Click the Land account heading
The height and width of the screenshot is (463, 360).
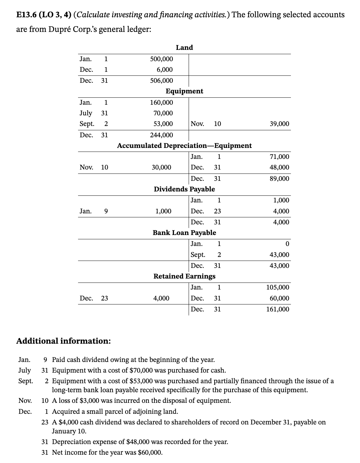[x=184, y=48]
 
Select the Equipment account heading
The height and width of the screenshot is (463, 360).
[x=184, y=91]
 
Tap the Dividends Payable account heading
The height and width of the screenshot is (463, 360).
[x=184, y=189]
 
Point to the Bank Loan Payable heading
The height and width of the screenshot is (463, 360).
[x=184, y=233]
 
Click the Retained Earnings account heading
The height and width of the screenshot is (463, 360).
[x=184, y=276]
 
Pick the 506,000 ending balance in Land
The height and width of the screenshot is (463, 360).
[x=161, y=80]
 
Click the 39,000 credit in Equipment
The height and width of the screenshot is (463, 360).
[x=279, y=124]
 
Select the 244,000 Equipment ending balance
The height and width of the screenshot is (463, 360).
[x=161, y=135]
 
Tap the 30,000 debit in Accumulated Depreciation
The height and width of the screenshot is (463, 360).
[x=161, y=168]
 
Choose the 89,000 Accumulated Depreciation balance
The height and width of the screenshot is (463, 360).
[x=279, y=178]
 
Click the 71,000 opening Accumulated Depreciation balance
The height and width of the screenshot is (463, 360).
[x=279, y=157]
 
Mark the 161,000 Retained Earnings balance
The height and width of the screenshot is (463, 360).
[x=278, y=309]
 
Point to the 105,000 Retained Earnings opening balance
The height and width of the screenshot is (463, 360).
[x=278, y=287]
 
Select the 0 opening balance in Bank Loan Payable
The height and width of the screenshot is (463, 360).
[x=287, y=244]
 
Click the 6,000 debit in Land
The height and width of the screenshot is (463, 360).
[x=165, y=70]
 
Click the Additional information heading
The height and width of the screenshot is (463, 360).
[x=63, y=341]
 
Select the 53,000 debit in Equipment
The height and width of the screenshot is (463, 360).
[x=161, y=124]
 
